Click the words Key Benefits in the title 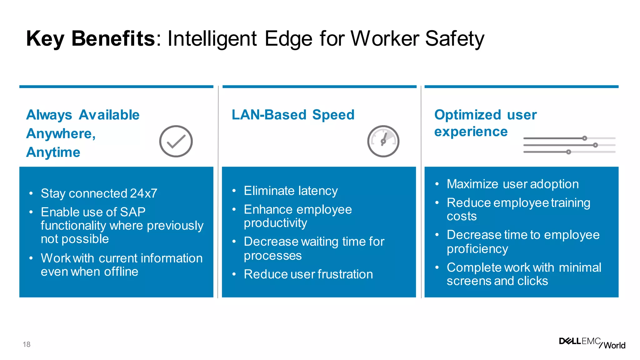coord(90,39)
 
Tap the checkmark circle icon coord(176,141)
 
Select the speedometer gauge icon coord(383,141)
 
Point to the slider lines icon coord(569,145)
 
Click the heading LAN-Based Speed coord(293,115)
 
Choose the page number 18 coord(27,344)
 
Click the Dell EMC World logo coord(592,343)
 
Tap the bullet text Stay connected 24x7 coord(99,193)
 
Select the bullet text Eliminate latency coord(291,191)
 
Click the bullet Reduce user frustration coord(308,274)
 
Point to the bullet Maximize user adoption coord(512,184)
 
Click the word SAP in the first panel coord(133,212)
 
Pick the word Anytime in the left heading coord(53,152)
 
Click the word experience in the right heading coord(471,132)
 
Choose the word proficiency coord(477,249)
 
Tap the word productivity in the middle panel coord(275,223)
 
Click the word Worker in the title coord(385,39)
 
